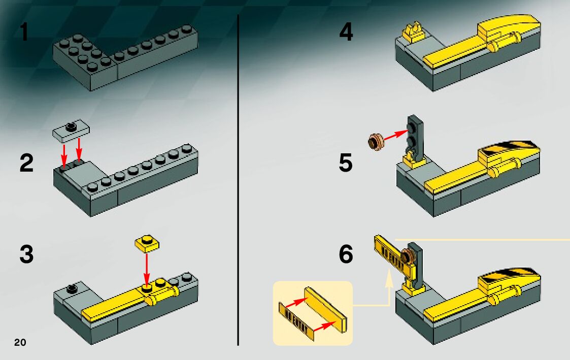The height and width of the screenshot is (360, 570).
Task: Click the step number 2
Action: pos(26,163)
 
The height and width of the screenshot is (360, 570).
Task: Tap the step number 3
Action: pos(26,254)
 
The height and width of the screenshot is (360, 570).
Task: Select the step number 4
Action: pos(346,32)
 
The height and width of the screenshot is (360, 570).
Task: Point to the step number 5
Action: pos(346,163)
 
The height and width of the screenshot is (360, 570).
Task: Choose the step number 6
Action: pos(346,254)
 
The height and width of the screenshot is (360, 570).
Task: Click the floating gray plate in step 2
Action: pos(71,129)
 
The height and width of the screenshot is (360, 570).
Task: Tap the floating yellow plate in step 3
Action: pos(147,243)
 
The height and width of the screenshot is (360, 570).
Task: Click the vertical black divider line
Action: pos(239,180)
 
